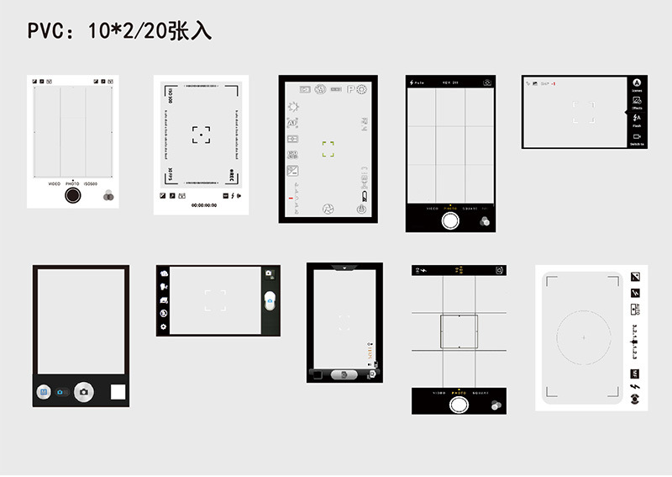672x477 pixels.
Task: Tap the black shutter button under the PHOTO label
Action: pos(73,195)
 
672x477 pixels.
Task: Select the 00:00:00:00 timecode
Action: pos(204,205)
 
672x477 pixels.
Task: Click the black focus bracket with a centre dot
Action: pos(201,135)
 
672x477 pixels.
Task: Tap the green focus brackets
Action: pos(328,150)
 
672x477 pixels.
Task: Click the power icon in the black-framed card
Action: pos(361,208)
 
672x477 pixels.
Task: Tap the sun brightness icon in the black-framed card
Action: pos(293,106)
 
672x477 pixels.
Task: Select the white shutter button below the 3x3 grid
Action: pos(451,220)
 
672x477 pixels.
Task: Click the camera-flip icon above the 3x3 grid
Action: pos(487,82)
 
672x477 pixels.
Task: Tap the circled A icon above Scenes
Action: pos(637,83)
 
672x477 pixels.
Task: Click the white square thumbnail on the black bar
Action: pos(118,391)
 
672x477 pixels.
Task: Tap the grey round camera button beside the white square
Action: pos(82,391)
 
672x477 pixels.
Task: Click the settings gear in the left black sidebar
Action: pos(164,326)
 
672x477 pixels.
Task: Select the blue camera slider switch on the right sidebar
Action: pos(269,301)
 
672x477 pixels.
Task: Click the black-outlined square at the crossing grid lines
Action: pos(459,331)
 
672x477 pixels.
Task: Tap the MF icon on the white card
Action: pos(635,373)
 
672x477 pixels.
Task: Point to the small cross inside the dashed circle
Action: pos(583,337)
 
